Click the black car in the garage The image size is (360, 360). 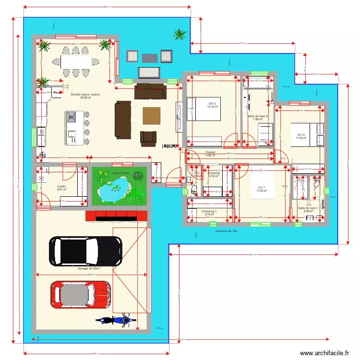[x=86, y=251]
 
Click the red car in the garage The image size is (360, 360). [x=81, y=294]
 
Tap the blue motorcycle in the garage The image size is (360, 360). [x=114, y=320]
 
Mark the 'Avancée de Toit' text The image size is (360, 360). [x=227, y=231]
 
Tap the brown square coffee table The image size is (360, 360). [x=151, y=116]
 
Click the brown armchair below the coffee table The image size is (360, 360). [x=148, y=138]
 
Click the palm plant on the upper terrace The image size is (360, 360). [x=180, y=34]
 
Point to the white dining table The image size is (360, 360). [x=75, y=61]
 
